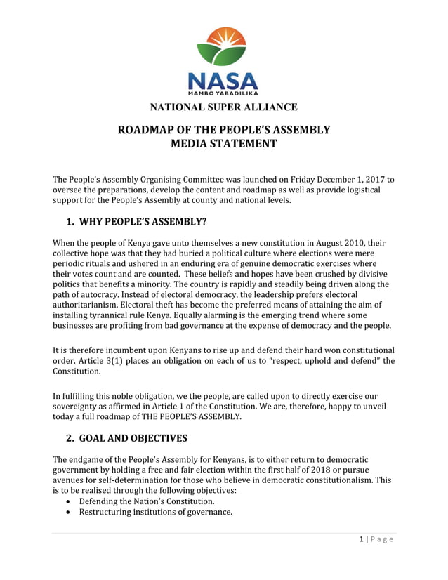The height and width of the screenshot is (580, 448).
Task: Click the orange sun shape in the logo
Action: click(223, 38)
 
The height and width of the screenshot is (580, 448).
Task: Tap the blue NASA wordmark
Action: click(223, 79)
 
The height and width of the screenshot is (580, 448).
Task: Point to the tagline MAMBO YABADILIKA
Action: click(223, 92)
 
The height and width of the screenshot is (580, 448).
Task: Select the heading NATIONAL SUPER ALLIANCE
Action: click(223, 107)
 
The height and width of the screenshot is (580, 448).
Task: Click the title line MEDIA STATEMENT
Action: click(224, 144)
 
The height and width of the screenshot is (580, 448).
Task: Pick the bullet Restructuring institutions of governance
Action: click(155, 512)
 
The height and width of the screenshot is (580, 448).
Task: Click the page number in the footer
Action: click(360, 539)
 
